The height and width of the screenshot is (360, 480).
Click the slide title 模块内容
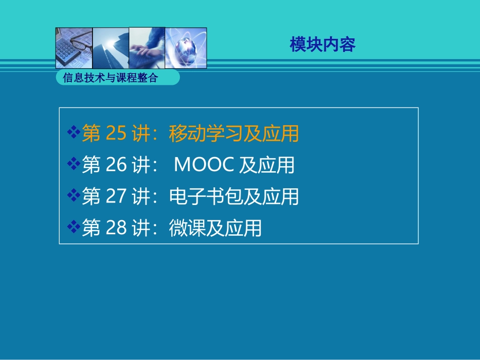click(x=322, y=45)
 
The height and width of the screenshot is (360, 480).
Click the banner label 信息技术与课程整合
click(x=110, y=78)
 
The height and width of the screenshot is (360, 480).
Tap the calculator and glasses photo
click(x=74, y=48)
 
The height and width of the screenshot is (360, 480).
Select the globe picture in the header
click(x=186, y=48)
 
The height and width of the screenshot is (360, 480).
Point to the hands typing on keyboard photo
click(x=147, y=48)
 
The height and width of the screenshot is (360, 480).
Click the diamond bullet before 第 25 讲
click(x=74, y=133)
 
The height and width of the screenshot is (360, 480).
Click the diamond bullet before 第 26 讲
click(x=74, y=165)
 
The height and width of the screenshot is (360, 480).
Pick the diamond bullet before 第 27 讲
click(x=74, y=196)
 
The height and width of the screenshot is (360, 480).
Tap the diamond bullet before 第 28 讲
click(x=74, y=228)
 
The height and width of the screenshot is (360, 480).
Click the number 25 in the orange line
click(x=116, y=133)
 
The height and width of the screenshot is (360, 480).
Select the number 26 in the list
click(x=116, y=165)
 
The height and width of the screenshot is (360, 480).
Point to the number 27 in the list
click(x=116, y=197)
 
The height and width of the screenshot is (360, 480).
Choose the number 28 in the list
click(x=116, y=228)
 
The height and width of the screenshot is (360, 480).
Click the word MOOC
click(x=204, y=165)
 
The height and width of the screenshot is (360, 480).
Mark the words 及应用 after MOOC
click(x=266, y=165)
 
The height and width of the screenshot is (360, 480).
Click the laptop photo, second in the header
click(x=111, y=48)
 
